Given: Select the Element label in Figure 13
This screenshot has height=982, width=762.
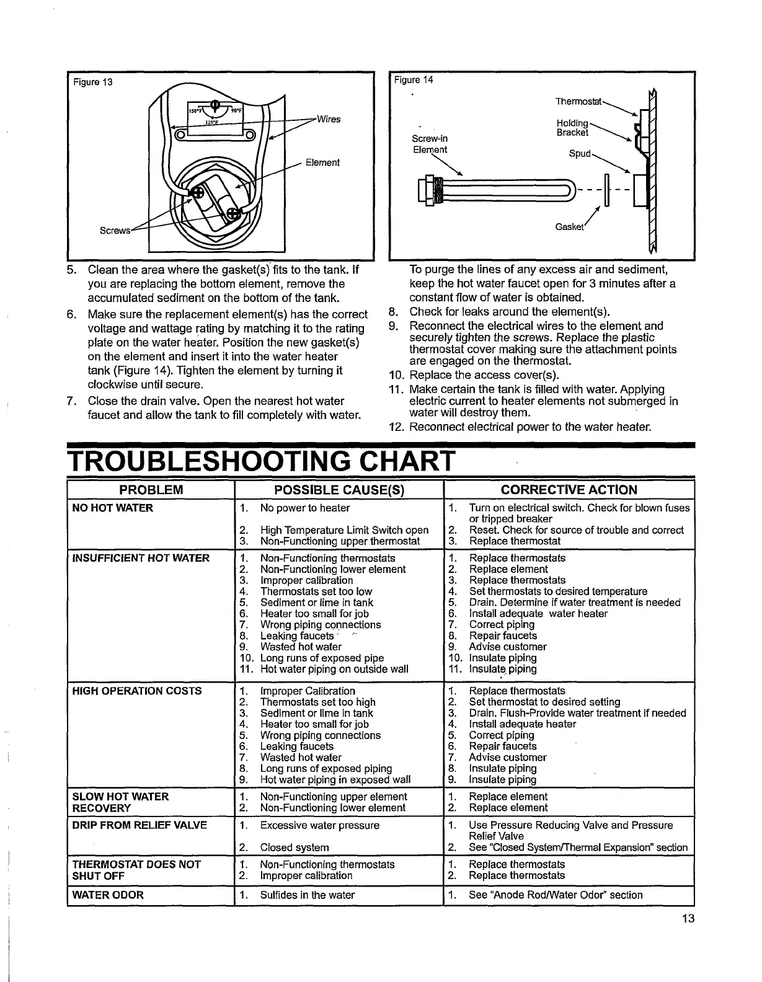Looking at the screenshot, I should [x=322, y=162].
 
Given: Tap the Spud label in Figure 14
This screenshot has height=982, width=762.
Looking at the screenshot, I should [x=580, y=153].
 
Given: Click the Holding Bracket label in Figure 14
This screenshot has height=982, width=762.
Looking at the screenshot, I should [x=572, y=128].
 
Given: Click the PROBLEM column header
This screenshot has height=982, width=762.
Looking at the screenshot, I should [x=151, y=490].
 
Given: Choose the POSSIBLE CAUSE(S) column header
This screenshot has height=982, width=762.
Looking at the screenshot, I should [x=339, y=490].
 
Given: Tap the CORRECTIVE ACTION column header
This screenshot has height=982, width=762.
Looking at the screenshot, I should [x=569, y=490].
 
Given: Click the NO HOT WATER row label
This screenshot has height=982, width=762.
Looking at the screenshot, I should [x=113, y=508].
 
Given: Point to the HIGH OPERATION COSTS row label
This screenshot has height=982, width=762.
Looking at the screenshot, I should [x=137, y=691].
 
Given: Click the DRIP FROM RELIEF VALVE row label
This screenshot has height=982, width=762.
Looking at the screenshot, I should [x=140, y=825].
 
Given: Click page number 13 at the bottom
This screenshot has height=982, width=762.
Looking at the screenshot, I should [x=687, y=919].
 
